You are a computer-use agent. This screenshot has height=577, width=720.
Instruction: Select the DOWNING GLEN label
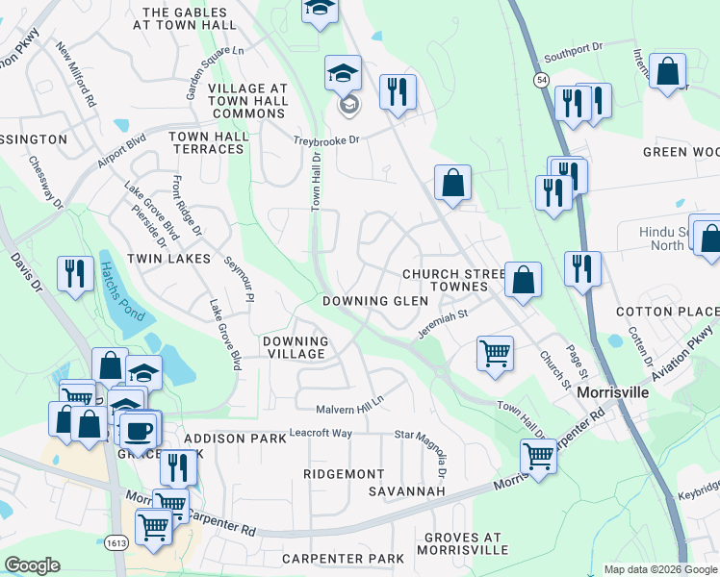pos(375,301)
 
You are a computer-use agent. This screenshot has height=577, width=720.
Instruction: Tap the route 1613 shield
pos(116,542)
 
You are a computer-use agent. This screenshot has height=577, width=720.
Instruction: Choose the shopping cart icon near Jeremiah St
pos(495,352)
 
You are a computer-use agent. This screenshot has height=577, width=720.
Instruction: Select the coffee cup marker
pos(139,428)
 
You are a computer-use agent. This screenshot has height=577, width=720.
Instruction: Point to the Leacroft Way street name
pos(321,434)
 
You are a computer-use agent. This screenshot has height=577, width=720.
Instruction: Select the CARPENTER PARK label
pos(344,559)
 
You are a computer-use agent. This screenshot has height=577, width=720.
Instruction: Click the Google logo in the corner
pos(32,565)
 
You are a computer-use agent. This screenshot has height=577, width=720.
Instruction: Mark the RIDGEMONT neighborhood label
pos(344,474)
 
